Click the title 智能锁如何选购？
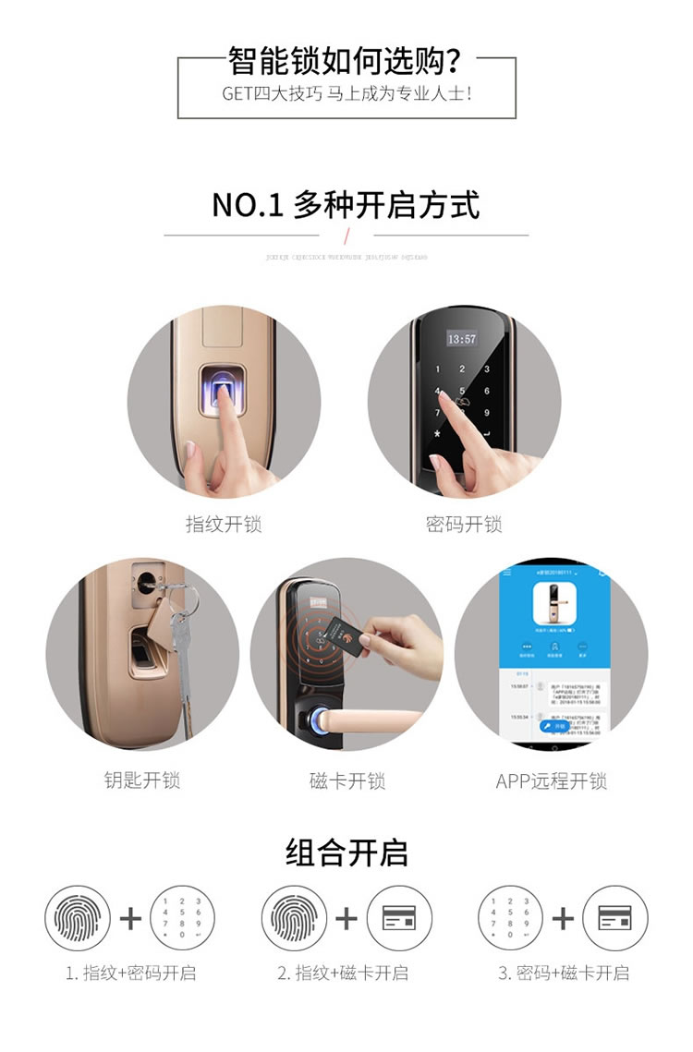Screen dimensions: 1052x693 click(346, 62)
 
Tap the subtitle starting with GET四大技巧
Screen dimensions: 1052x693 click(346, 94)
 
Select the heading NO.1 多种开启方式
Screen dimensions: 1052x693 click(346, 204)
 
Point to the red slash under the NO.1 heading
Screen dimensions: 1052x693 click(346, 236)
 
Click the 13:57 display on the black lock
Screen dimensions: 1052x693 click(462, 339)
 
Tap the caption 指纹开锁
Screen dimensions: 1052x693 click(224, 525)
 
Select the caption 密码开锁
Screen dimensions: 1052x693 click(464, 525)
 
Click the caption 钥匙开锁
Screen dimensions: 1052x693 click(141, 780)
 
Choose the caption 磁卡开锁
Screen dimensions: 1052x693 click(346, 780)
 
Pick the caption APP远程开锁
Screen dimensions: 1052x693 click(551, 780)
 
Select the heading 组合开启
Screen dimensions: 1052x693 click(346, 852)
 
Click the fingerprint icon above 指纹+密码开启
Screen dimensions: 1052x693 click(78, 918)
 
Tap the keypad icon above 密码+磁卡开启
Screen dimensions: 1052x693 click(510, 918)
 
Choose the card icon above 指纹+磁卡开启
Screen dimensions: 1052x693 click(399, 918)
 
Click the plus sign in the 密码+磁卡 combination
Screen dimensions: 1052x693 click(562, 918)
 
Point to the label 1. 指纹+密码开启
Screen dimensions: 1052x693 click(130, 973)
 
